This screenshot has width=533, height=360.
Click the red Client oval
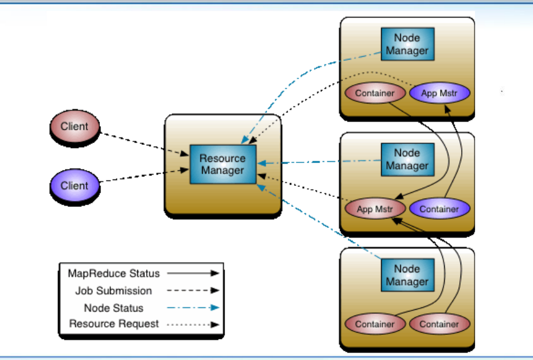[x=74, y=127]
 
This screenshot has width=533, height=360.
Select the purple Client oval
[x=74, y=186]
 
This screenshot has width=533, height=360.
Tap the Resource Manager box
[x=222, y=164]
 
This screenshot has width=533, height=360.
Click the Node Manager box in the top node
[x=407, y=44]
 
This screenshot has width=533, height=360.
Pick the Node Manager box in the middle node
[x=407, y=160]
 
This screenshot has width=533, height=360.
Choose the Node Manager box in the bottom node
[x=407, y=275]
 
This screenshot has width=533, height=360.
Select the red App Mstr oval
[x=374, y=209]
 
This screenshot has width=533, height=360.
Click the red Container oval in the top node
[x=375, y=93]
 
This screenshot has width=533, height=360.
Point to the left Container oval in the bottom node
[x=375, y=324]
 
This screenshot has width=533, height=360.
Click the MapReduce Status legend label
[x=113, y=273]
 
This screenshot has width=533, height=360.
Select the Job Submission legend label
[x=113, y=290]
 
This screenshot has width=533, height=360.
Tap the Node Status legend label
[x=113, y=307]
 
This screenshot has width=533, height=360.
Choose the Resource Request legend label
[x=113, y=323]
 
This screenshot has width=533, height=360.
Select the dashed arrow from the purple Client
[x=143, y=176]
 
